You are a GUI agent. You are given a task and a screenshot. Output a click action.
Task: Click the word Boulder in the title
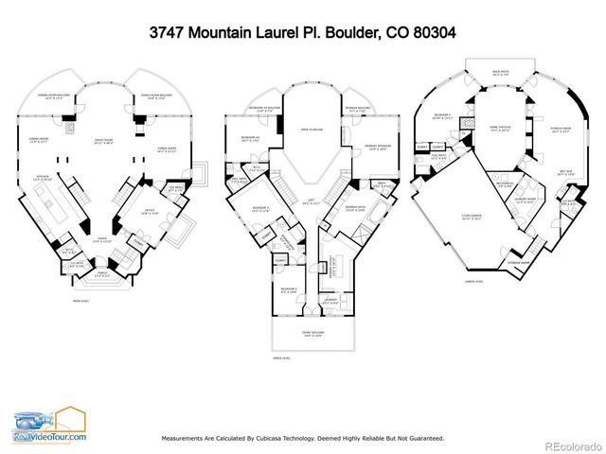[346, 31]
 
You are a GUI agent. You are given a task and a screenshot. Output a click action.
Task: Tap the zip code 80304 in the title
[430, 31]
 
